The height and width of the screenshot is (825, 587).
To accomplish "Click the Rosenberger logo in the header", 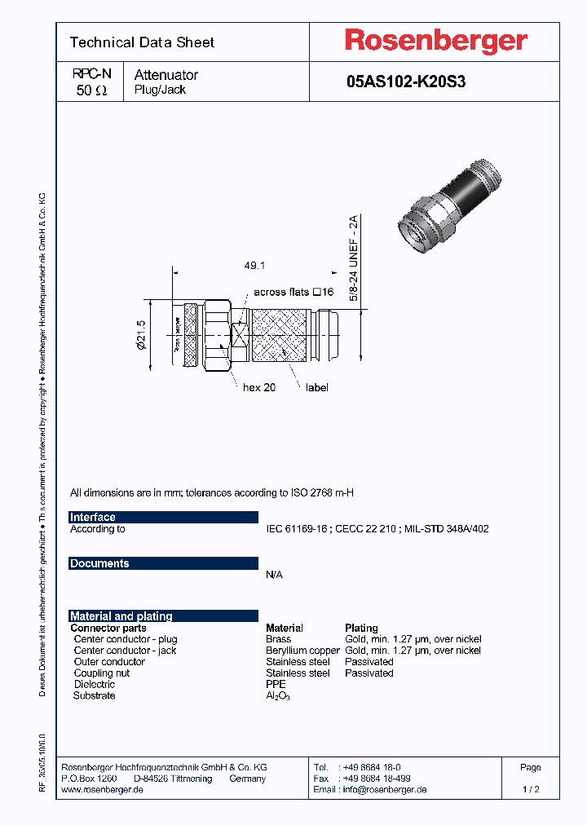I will click(x=435, y=41).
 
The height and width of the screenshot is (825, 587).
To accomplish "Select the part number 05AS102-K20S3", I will click(x=406, y=82).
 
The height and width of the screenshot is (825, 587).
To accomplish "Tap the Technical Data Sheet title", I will click(x=142, y=42).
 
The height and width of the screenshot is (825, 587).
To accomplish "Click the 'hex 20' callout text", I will click(x=259, y=387).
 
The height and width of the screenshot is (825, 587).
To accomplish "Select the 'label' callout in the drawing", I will click(x=316, y=387).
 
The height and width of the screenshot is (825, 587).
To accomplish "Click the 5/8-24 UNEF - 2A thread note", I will click(x=354, y=258).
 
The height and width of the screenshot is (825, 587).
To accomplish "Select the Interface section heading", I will click(x=93, y=517).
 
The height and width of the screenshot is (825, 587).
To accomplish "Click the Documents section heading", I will click(x=99, y=563).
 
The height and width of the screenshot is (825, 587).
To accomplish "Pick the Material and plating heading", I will click(x=121, y=616).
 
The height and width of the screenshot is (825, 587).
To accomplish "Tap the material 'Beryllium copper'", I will click(x=302, y=651).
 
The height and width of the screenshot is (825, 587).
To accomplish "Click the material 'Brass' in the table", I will click(x=279, y=639).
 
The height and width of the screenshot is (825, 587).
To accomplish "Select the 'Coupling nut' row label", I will click(x=102, y=673).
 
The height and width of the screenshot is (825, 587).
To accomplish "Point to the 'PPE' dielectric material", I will click(x=276, y=685).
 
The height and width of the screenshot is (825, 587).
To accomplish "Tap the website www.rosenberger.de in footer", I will click(x=103, y=790).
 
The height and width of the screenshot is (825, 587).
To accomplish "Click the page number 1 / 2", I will click(x=531, y=789).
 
